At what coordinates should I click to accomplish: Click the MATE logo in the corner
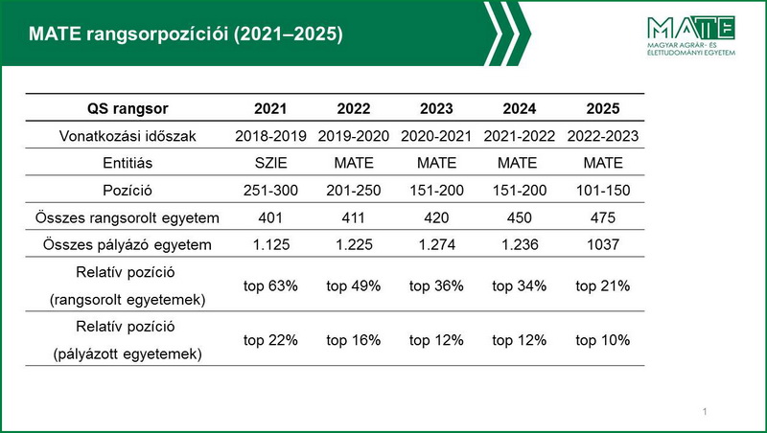[x=690, y=35]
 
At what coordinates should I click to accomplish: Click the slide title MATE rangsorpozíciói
[x=186, y=34]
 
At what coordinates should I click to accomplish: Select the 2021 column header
[x=270, y=108]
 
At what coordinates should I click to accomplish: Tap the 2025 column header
[x=603, y=108]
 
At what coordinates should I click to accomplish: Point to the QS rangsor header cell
[x=128, y=108]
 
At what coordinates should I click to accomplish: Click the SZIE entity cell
[x=270, y=163]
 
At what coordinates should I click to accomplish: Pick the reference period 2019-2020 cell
[x=353, y=136]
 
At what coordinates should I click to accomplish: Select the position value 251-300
[x=270, y=190]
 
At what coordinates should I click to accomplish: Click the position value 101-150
[x=603, y=190]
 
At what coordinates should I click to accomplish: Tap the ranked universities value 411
[x=353, y=217]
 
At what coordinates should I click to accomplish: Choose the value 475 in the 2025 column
[x=603, y=217]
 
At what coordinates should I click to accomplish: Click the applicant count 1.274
[x=436, y=244]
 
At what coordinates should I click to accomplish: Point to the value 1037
[x=603, y=244]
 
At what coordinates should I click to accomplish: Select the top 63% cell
[x=270, y=285]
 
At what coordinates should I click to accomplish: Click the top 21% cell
[x=603, y=285]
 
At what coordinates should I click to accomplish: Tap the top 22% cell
[x=270, y=340]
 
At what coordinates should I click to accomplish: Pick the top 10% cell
[x=603, y=340]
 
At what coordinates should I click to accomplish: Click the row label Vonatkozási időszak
[x=128, y=136]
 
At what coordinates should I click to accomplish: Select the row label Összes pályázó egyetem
[x=128, y=244]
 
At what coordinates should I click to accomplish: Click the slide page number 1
[x=705, y=412]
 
